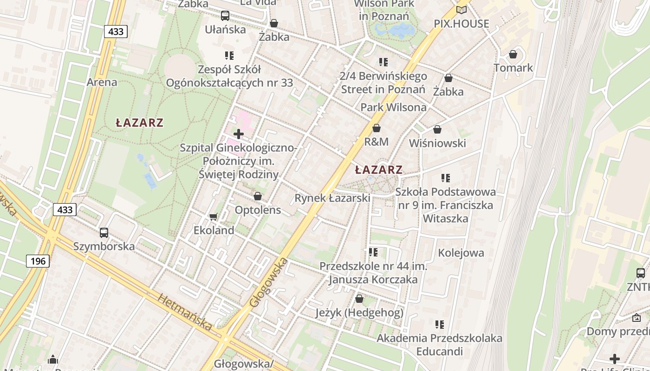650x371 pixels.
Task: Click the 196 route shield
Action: pos(38,261)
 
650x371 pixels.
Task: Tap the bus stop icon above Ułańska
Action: pos(225,16)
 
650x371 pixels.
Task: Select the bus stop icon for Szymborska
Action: pos(104,233)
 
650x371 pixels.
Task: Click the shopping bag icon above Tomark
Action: pos(513,55)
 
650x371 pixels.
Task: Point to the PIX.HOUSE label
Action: pos(461,24)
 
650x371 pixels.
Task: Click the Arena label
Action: pos(102,82)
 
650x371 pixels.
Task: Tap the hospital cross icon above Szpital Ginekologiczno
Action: pos(239,134)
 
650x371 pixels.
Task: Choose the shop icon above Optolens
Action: pos(258,197)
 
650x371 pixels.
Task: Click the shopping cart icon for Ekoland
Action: pos(214,217)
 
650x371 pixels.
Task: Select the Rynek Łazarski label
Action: pos(332,198)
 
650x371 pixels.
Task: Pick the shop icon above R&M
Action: pos(377,128)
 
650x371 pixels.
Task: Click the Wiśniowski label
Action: pos(437,143)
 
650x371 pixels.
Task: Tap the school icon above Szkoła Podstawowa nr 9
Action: pos(446,178)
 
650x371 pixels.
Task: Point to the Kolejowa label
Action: pos(461,253)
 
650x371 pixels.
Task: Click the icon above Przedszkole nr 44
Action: pos(373,252)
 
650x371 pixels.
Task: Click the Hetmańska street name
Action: pos(185,312)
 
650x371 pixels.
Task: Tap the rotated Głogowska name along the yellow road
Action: pos(269,282)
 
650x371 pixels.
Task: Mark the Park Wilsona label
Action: pos(393,107)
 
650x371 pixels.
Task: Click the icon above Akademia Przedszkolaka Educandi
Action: pos(439,325)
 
